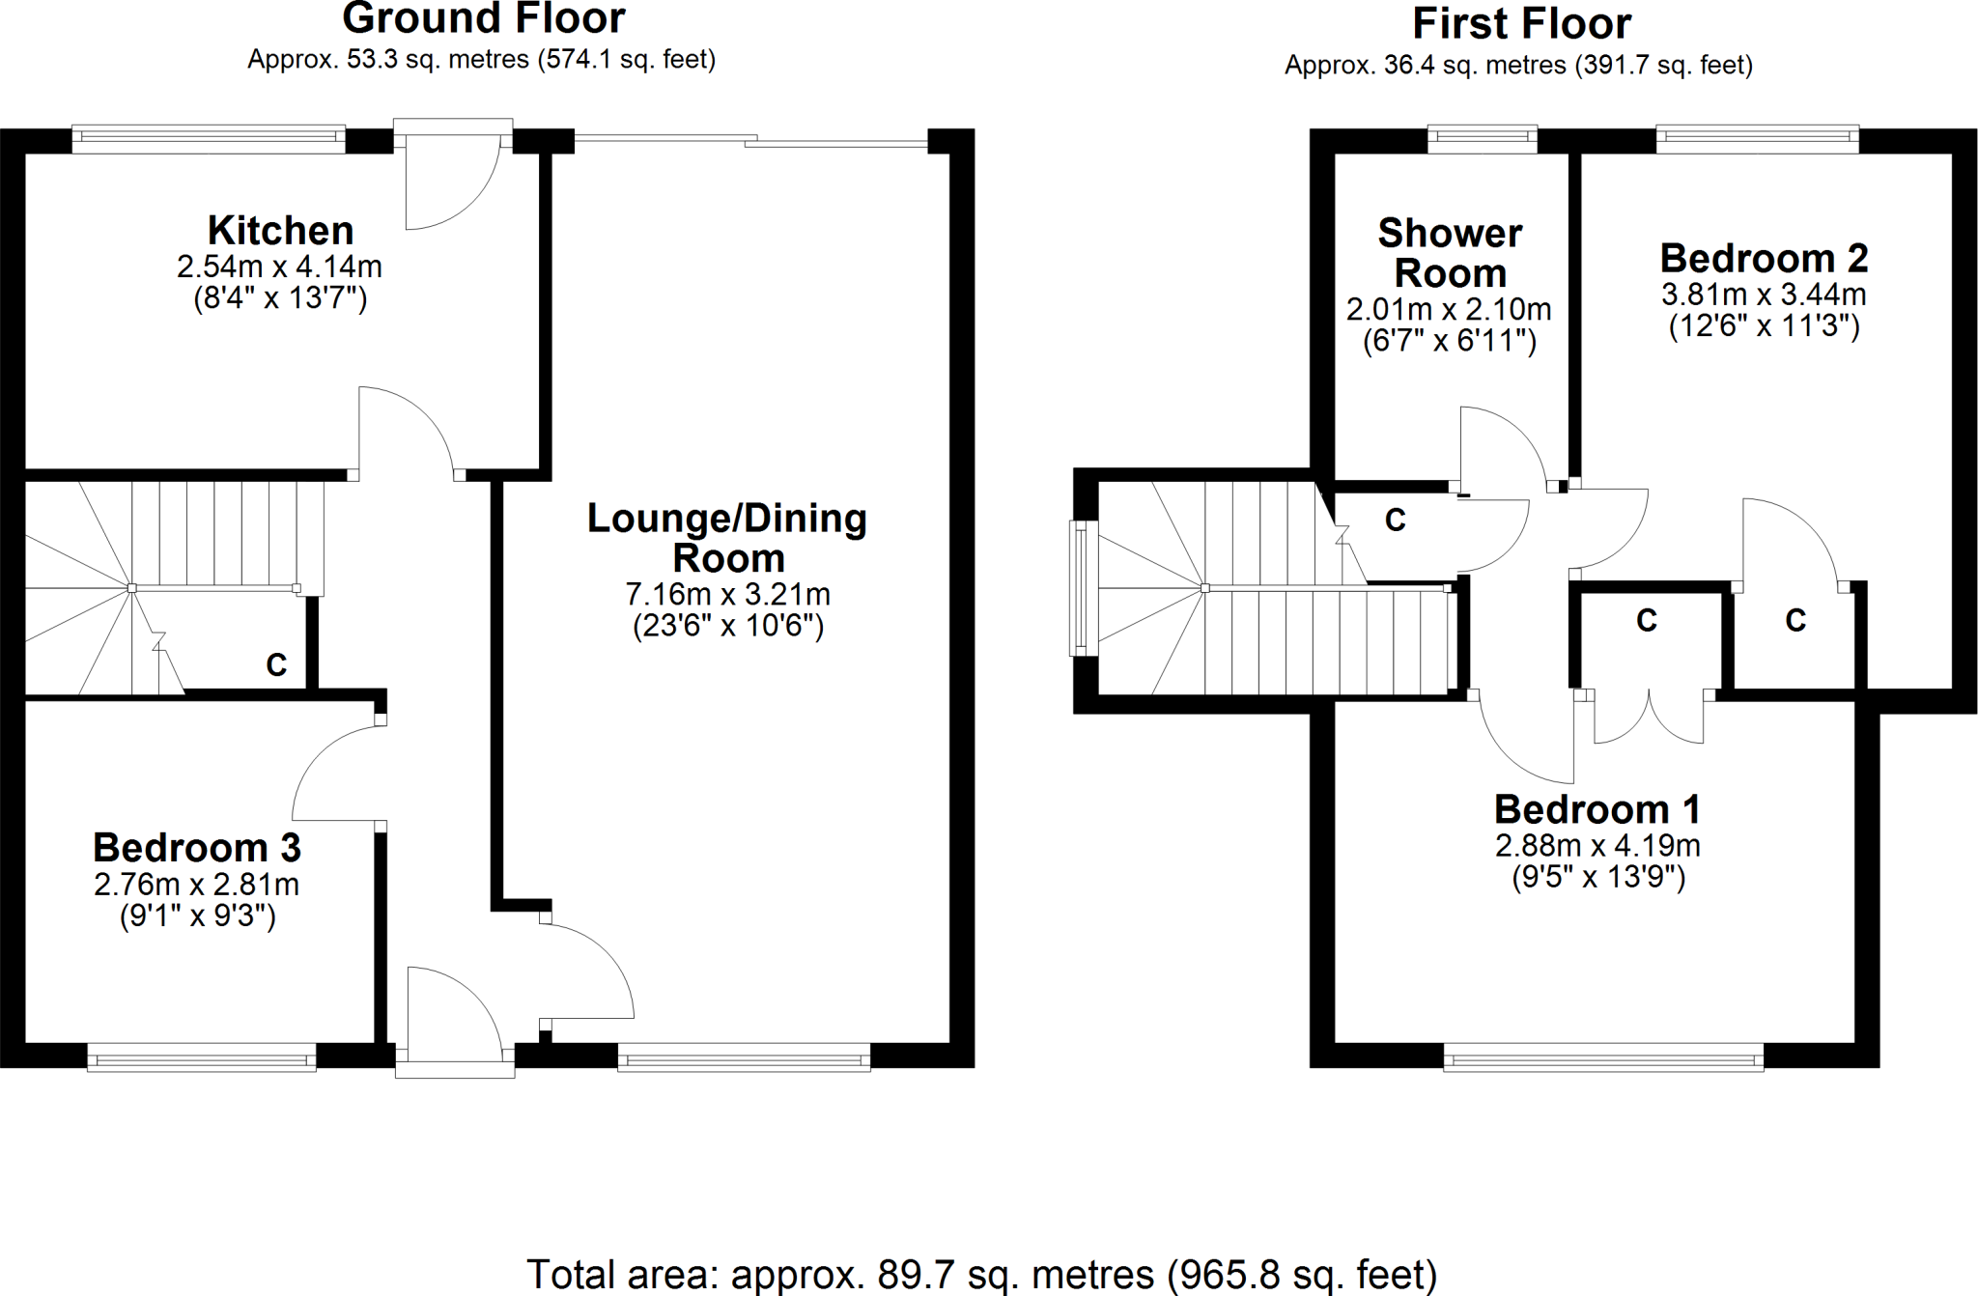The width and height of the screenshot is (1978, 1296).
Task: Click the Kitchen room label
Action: tap(280, 231)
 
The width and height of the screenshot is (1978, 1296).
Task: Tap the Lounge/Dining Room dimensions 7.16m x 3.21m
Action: tap(727, 594)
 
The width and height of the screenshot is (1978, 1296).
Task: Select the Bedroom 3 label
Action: tap(197, 848)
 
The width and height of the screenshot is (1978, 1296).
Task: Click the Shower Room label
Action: tap(1450, 253)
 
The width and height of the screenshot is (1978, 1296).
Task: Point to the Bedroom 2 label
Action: tap(1764, 258)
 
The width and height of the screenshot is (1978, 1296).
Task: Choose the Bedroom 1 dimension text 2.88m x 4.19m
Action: tap(1597, 846)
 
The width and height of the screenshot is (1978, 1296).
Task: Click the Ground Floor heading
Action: tap(483, 18)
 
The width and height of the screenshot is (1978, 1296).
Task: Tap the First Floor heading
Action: tap(1521, 23)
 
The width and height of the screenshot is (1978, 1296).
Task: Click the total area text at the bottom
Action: tap(981, 1274)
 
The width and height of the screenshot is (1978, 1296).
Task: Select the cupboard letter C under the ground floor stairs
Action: tap(276, 664)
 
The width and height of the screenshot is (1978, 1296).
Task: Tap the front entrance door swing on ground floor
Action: tap(449, 1014)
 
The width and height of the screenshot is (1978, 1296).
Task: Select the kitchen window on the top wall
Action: tap(208, 140)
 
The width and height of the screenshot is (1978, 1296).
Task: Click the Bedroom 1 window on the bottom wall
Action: tap(1603, 1059)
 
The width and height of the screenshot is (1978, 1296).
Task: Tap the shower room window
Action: tap(1482, 140)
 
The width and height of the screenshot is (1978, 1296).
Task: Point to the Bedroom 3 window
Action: tap(201, 1058)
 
